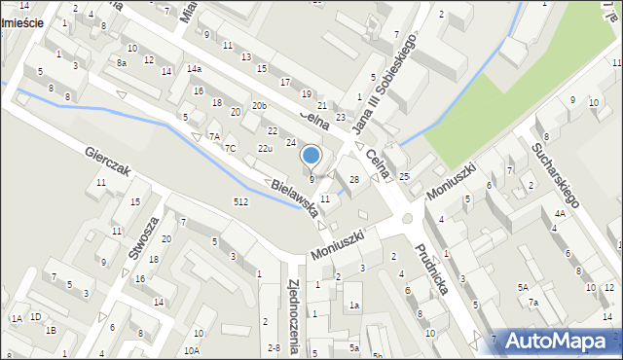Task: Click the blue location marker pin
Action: click(311, 156)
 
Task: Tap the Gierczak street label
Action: click(107, 162)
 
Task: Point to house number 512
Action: click(240, 201)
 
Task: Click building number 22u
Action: click(264, 148)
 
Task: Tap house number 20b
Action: click(258, 105)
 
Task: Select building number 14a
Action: click(195, 68)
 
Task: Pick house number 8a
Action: click(122, 62)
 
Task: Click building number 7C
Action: click(231, 148)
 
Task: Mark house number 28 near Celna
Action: click(354, 180)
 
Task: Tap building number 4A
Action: click(560, 212)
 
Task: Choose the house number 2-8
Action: click(274, 347)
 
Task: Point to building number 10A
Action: click(192, 350)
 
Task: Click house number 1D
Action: click(35, 317)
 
